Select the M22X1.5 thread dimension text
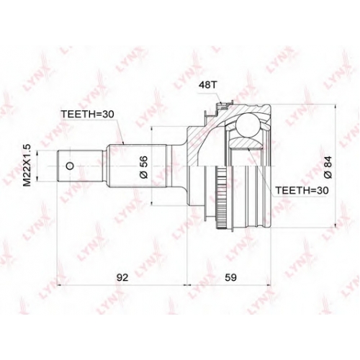pos(27,166)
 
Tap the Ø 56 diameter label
pos(144,167)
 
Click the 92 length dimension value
pos(122,277)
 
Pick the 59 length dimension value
pos(230,277)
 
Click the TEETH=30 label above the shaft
pos(87,114)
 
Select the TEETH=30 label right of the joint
pos(302,190)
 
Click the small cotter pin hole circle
pos(70,166)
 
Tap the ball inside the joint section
pos(248,125)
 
